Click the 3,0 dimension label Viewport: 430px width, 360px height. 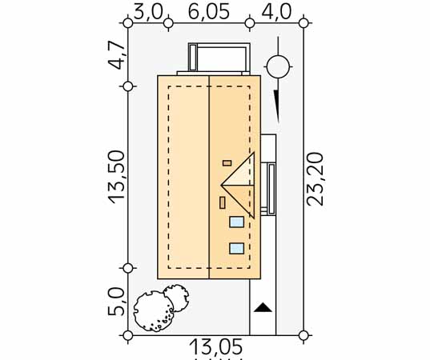(x=148, y=12)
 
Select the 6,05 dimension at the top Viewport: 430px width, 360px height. (x=209, y=12)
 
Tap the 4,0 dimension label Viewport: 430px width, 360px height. (x=276, y=12)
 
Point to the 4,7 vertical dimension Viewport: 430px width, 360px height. (x=116, y=55)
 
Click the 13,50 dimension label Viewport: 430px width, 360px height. (x=116, y=178)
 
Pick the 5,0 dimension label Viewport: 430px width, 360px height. (x=116, y=302)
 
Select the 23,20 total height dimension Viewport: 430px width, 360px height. (x=315, y=179)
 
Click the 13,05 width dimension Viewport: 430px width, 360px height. (x=216, y=347)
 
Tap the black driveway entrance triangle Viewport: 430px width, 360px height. (x=263, y=307)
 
